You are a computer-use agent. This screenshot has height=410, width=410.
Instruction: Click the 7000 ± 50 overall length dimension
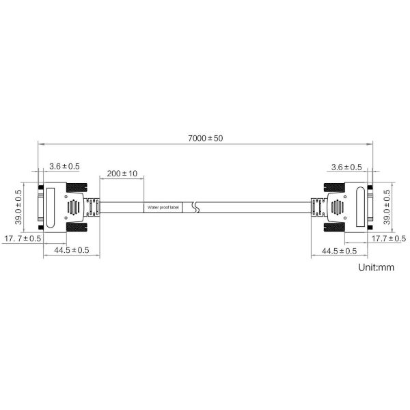206,138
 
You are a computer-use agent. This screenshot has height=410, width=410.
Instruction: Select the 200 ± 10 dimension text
122,174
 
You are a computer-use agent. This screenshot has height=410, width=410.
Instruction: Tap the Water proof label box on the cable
163,207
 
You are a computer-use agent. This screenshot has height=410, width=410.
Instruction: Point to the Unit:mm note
376,267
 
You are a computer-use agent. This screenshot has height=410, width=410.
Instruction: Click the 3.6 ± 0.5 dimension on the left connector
64,166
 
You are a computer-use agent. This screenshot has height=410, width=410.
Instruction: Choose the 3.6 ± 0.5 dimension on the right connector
346,167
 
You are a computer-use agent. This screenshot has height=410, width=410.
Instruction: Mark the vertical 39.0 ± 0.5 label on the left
18,207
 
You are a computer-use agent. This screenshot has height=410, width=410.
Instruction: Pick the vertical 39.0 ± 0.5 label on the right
387,207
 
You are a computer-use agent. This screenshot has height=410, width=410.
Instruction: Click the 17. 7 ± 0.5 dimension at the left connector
23,238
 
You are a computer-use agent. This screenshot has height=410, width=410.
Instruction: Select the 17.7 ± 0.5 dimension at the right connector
389,238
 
